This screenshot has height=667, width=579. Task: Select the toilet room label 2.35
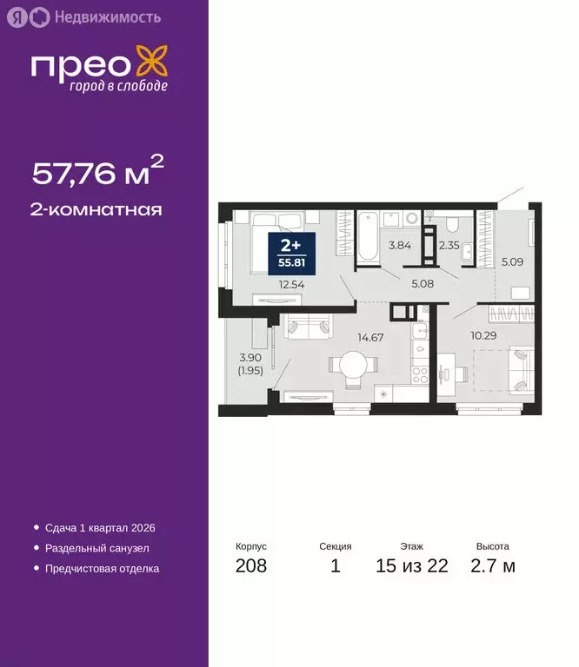click(x=449, y=246)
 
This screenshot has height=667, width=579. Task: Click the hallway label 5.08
click(x=420, y=282)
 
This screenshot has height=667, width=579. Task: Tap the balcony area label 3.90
click(x=249, y=357)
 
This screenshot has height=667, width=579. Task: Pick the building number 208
click(x=251, y=567)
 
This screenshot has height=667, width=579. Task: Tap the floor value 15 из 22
click(x=413, y=567)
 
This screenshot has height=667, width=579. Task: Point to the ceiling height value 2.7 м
click(x=492, y=567)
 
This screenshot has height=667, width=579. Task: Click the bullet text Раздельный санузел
click(x=98, y=548)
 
